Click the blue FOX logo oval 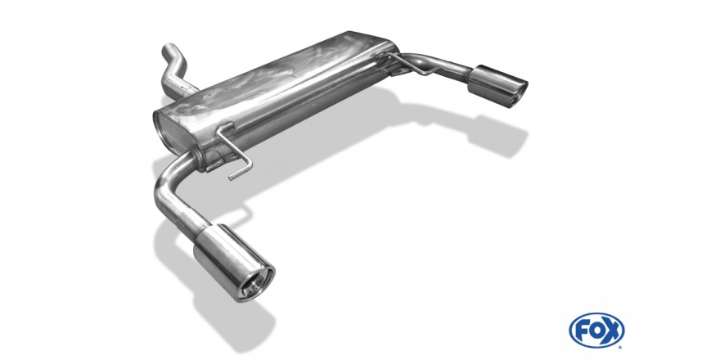pos(596,331)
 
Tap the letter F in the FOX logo pos(582,331)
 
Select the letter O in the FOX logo pos(596,331)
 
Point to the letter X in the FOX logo pos(612,331)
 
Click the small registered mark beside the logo pos(620,347)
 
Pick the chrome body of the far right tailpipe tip pos(495,85)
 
